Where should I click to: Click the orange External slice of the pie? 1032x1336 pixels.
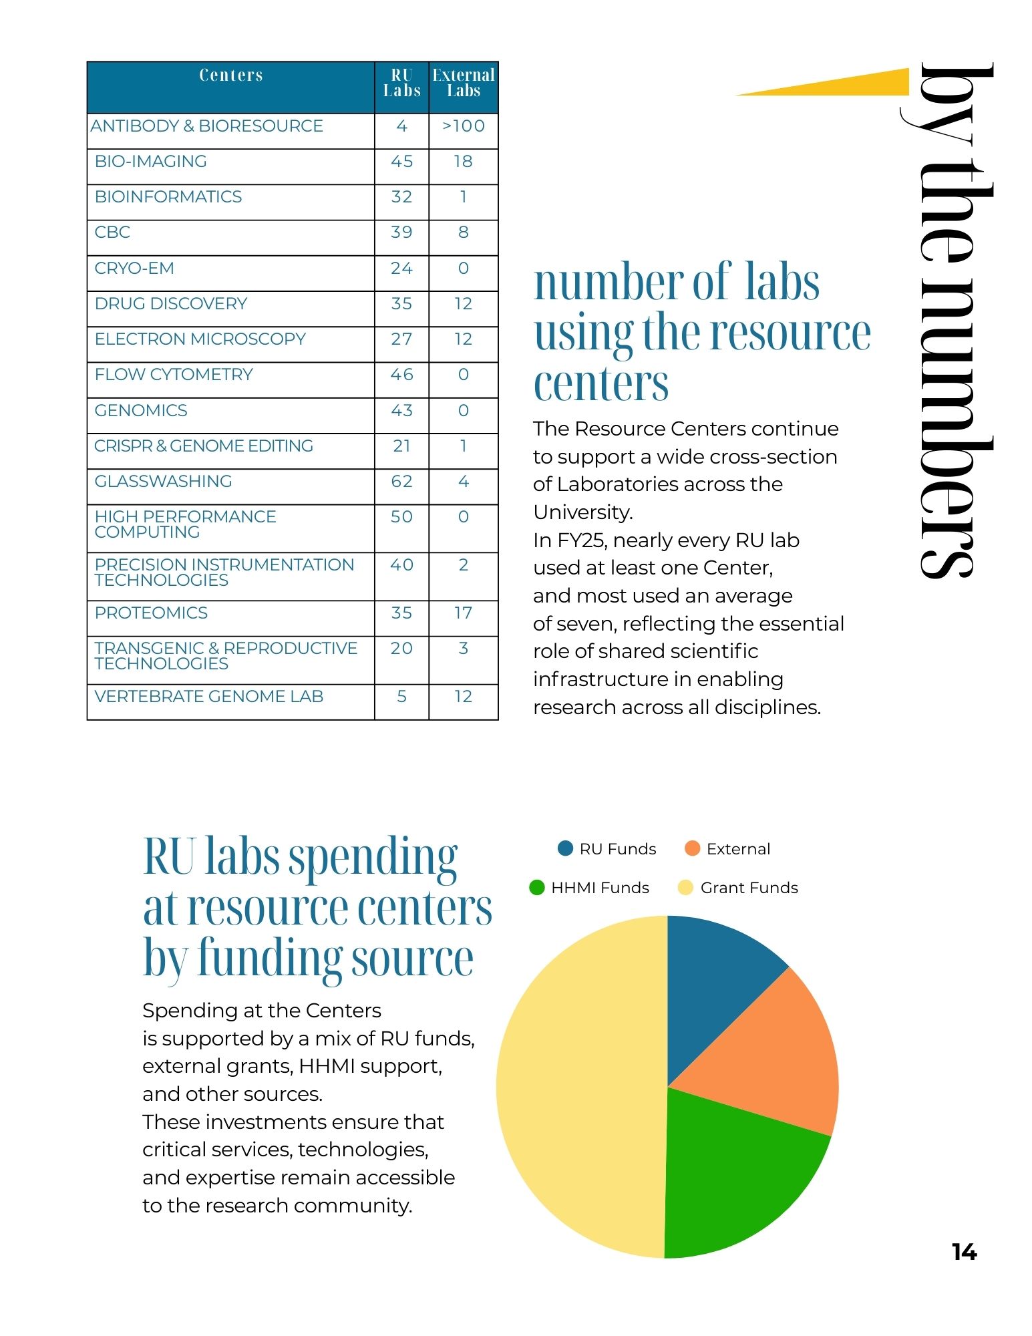coord(768,1055)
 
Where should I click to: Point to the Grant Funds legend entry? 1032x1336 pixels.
coord(738,888)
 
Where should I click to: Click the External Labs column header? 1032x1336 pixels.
coord(464,83)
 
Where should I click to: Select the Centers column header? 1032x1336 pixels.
coord(231,75)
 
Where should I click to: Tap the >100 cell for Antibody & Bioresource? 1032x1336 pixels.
coord(464,126)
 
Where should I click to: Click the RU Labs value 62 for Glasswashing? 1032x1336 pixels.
coord(401,482)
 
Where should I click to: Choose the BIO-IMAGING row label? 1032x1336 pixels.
coord(151,162)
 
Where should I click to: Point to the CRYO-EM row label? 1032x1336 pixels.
coord(134,269)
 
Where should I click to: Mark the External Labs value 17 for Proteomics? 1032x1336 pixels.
coord(464,613)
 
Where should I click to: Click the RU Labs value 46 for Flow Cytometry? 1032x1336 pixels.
coord(401,375)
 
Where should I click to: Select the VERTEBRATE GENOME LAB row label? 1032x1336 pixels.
coord(209,697)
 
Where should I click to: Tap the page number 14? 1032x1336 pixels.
coord(964,1252)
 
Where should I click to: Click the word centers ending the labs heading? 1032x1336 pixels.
coord(601,384)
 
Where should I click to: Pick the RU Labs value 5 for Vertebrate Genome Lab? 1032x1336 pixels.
coord(401,697)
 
